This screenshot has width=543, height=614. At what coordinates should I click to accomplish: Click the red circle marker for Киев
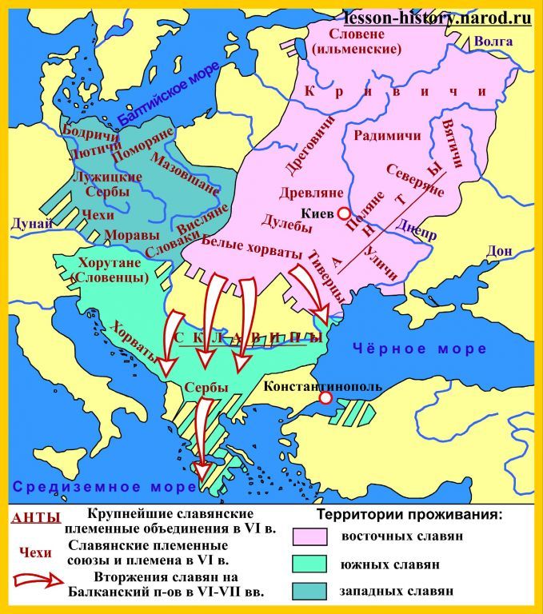point(343,214)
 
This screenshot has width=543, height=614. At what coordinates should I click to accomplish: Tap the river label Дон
point(498,251)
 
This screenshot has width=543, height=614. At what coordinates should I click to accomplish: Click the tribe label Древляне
point(311,193)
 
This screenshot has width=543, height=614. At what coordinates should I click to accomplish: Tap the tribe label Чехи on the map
point(98,214)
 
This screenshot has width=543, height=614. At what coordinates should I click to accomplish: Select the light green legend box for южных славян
point(313,564)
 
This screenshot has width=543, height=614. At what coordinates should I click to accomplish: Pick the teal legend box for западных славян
point(313,592)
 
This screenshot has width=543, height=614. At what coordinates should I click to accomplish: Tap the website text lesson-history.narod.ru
point(438,18)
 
